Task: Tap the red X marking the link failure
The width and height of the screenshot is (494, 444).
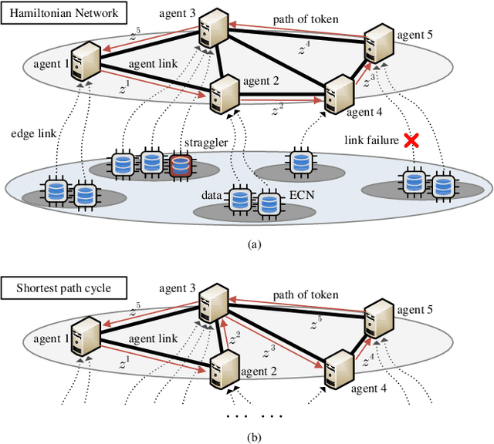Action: [x=411, y=140]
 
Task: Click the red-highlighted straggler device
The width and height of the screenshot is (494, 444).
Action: [x=181, y=164]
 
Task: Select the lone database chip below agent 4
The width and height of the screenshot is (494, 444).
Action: [x=299, y=164]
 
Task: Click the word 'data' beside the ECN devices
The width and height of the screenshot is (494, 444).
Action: [x=211, y=197]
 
